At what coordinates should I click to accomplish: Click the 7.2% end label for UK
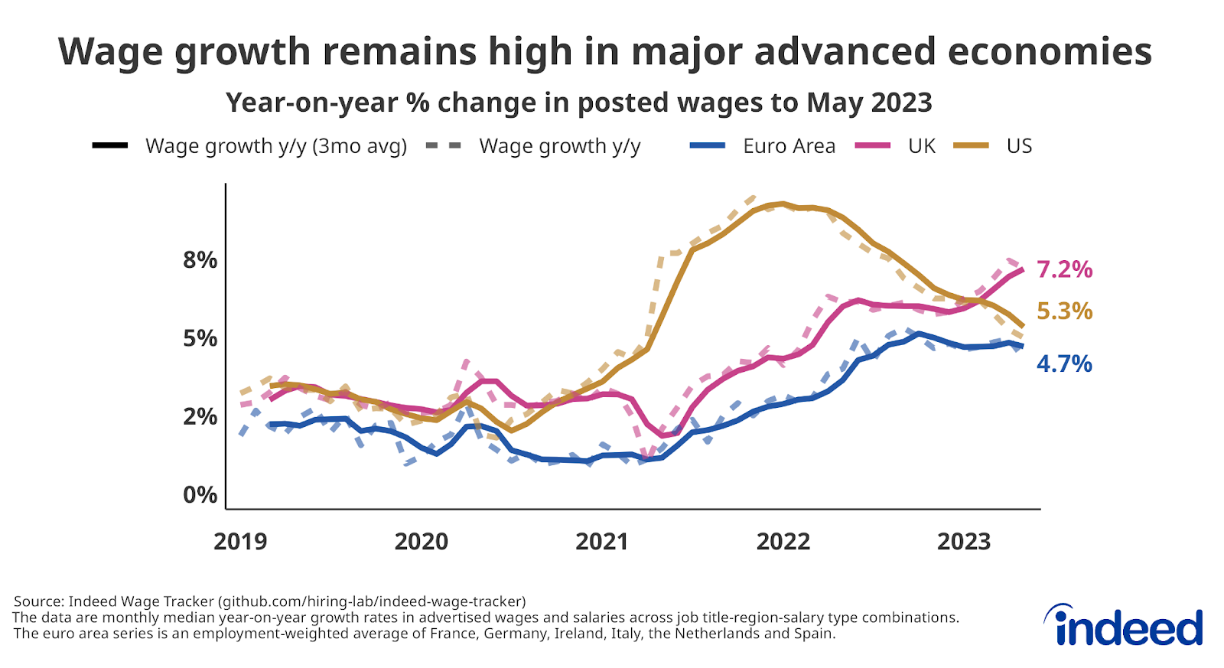pyautogui.click(x=1064, y=270)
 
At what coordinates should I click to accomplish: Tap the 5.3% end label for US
pyautogui.click(x=1064, y=311)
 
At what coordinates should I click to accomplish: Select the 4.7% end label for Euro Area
pyautogui.click(x=1064, y=364)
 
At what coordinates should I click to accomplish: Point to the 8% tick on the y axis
pyautogui.click(x=200, y=260)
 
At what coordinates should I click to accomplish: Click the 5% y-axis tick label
pyautogui.click(x=200, y=338)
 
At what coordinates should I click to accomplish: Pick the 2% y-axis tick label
pyautogui.click(x=200, y=417)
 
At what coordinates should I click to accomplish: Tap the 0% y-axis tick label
pyautogui.click(x=200, y=495)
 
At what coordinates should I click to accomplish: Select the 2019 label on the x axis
pyautogui.click(x=240, y=542)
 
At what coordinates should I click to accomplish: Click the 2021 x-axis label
pyautogui.click(x=602, y=542)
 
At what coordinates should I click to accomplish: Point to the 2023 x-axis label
pyautogui.click(x=964, y=542)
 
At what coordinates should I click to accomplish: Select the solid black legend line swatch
pyautogui.click(x=110, y=146)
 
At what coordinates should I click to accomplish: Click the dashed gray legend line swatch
pyautogui.click(x=444, y=146)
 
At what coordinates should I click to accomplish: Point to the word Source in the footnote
pyautogui.click(x=37, y=601)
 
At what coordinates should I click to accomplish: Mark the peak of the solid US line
pyautogui.click(x=780, y=204)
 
